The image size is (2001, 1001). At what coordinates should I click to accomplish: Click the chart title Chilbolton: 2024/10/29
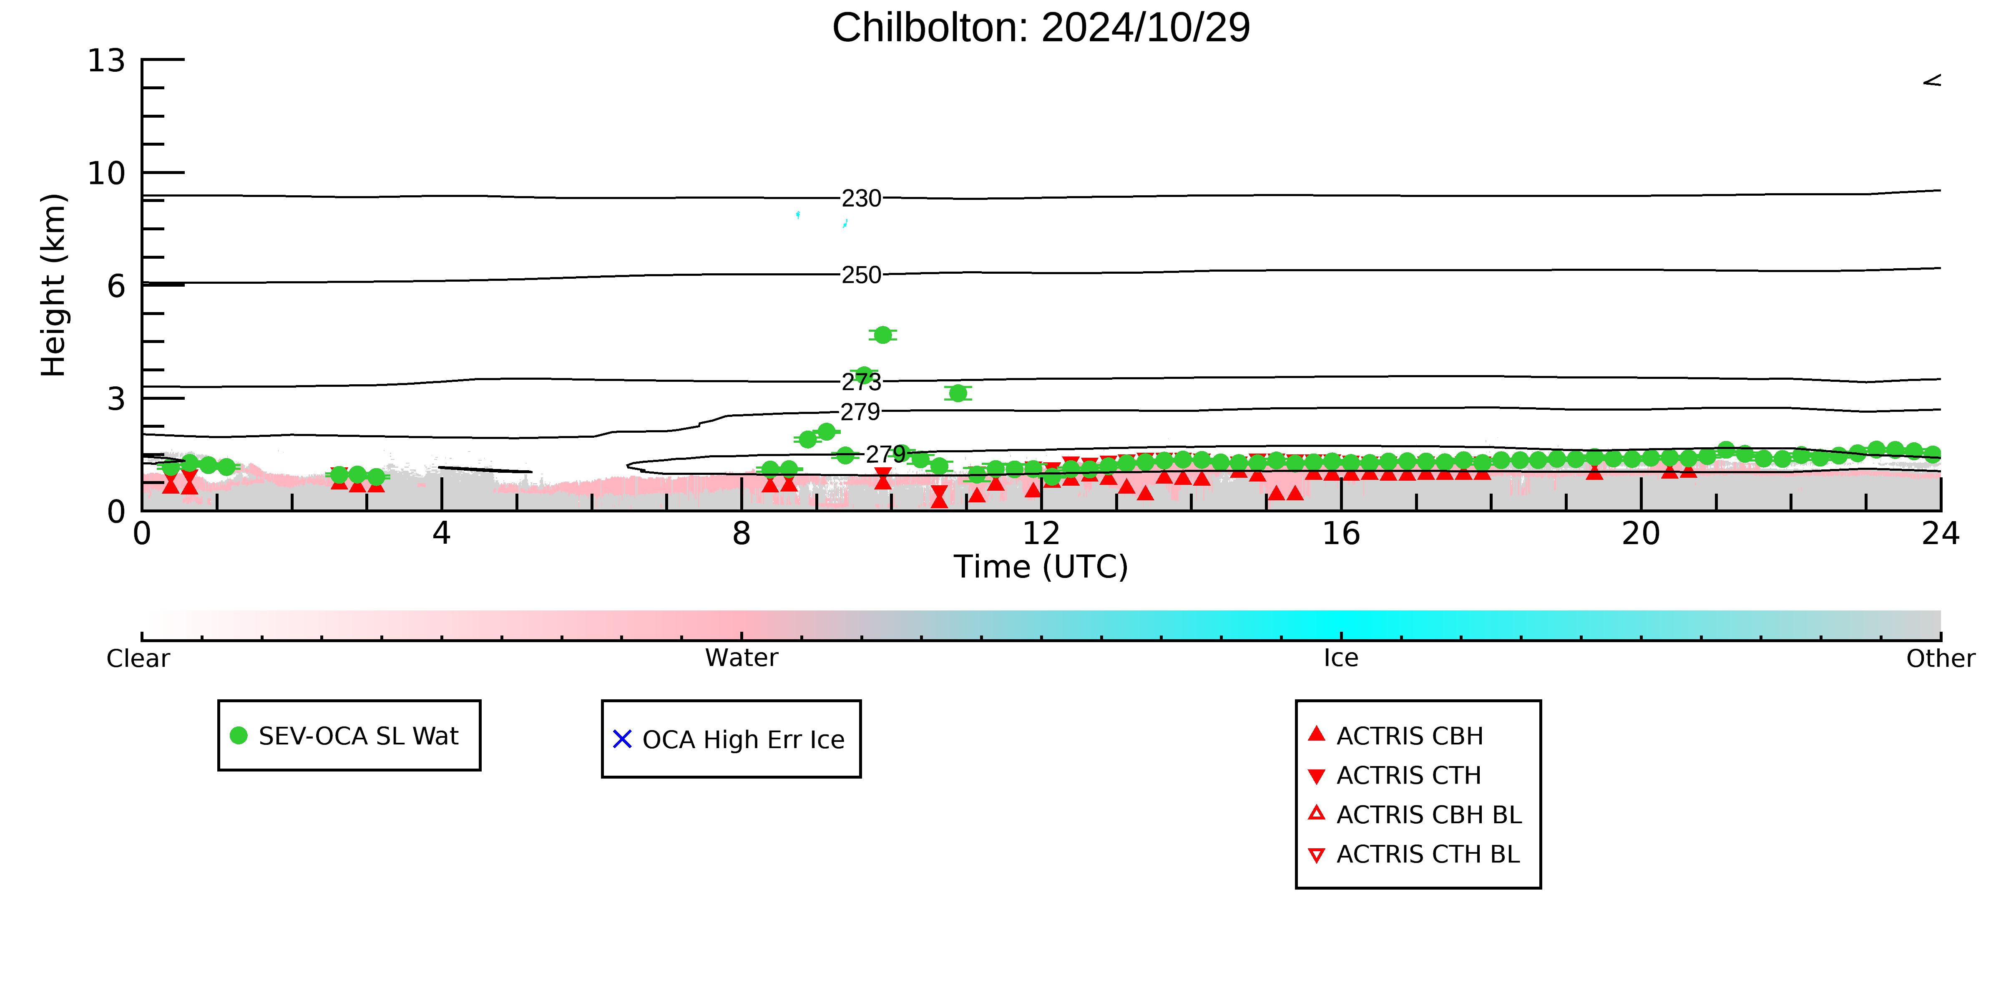(x=1041, y=28)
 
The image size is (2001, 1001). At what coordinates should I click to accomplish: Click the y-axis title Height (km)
(x=54, y=285)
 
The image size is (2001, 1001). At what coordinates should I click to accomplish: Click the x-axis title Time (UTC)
(x=1041, y=567)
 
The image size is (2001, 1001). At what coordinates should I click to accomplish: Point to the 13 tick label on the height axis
(x=106, y=61)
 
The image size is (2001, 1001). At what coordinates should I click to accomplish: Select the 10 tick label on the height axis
(x=106, y=173)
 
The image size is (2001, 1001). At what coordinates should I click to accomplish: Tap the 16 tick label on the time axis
(x=1342, y=534)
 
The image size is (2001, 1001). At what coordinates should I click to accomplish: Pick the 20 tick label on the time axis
(x=1642, y=534)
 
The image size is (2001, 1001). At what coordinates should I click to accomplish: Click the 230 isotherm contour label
(x=862, y=198)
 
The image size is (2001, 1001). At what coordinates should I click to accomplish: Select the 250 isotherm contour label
(x=862, y=275)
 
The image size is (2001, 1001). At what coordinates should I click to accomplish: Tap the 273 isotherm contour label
(x=862, y=382)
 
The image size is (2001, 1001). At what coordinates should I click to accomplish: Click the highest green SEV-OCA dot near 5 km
(x=882, y=335)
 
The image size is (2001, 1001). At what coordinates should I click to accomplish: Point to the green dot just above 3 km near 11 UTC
(x=958, y=393)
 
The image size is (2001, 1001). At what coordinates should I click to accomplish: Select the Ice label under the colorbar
(x=1342, y=658)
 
